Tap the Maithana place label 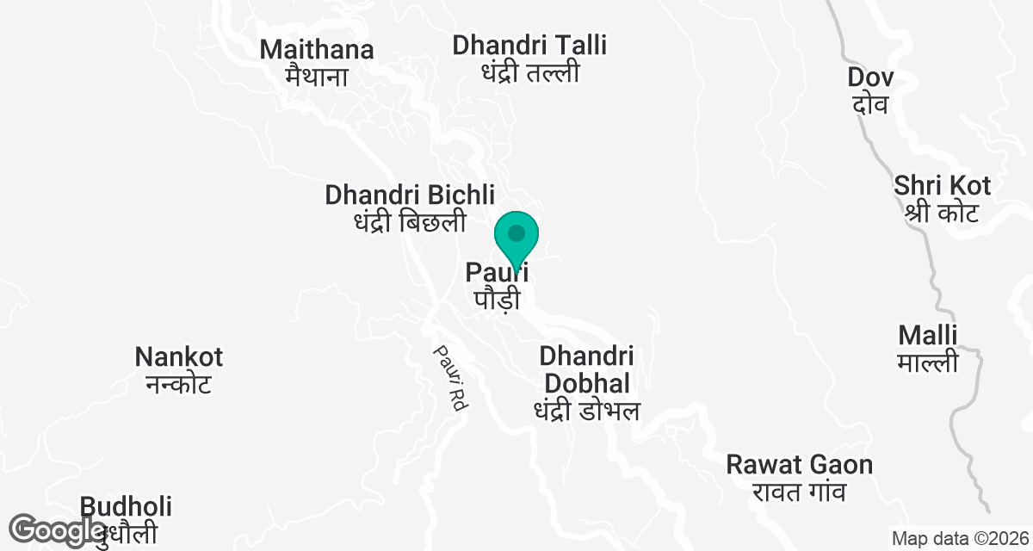(x=317, y=50)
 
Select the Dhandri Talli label (x=529, y=45)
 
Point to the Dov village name (x=870, y=77)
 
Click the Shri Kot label (x=942, y=185)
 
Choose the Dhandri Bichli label (x=410, y=195)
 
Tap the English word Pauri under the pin (x=496, y=274)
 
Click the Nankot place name (x=179, y=356)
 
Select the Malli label (x=927, y=335)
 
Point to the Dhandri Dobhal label (x=586, y=369)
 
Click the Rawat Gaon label (x=799, y=466)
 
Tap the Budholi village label (x=127, y=506)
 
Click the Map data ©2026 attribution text (x=960, y=539)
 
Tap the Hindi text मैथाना (x=317, y=76)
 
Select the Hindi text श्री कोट (x=941, y=212)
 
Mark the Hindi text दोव (x=869, y=105)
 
